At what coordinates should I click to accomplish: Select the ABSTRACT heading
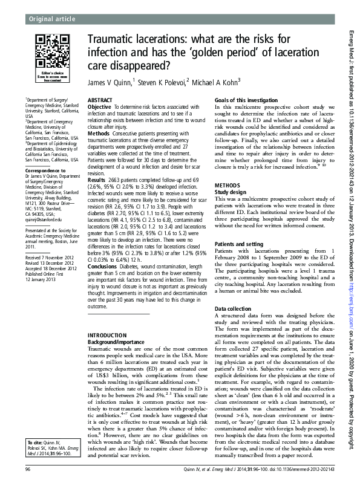click(x=99, y=99)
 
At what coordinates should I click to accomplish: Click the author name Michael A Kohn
click(x=214, y=81)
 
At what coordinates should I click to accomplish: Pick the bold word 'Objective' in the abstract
click(x=99, y=106)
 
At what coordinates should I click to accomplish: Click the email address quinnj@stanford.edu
click(x=43, y=221)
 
